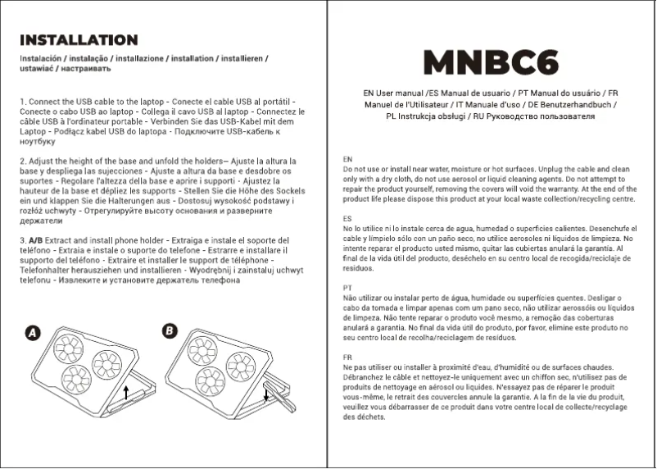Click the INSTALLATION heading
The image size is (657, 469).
point(79,40)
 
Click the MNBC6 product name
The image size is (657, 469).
point(492,62)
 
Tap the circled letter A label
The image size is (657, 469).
point(33,333)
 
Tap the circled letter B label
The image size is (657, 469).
point(169,330)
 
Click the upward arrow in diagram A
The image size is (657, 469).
point(125,394)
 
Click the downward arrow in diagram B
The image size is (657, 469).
point(265,394)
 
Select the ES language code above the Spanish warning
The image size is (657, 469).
point(348,220)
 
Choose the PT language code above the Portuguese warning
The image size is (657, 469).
point(348,288)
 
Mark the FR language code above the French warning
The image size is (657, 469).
point(348,357)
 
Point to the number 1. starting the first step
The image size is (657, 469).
point(23,101)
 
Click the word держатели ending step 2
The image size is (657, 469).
point(41,221)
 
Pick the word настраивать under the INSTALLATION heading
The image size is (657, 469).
point(82,69)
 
